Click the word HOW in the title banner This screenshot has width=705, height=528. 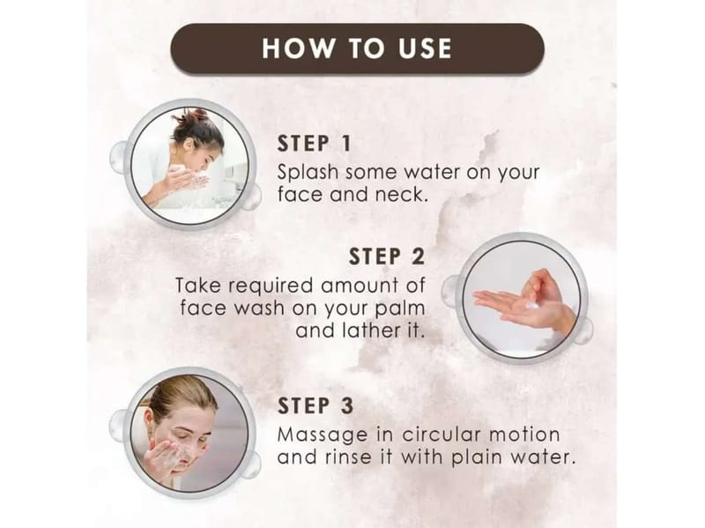299,48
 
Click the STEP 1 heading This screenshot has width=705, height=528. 314,144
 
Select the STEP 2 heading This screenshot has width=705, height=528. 387,257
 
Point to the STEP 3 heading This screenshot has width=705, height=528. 315,405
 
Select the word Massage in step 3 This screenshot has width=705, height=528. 323,435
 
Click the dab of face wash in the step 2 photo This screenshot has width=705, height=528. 533,306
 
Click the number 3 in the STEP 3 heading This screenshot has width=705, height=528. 346,405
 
